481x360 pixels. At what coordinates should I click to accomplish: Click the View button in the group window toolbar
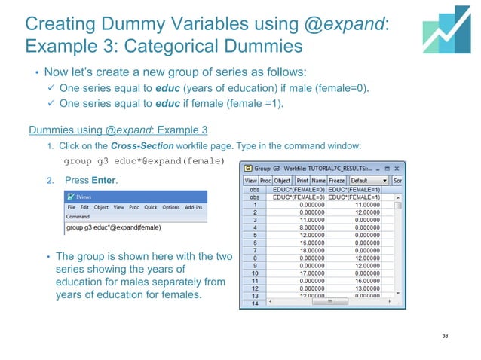tap(250, 181)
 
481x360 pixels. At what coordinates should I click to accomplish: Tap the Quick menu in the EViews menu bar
tap(151, 207)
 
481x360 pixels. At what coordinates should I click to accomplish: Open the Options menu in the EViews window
tap(170, 207)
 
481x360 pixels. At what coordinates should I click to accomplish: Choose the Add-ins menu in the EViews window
tap(193, 207)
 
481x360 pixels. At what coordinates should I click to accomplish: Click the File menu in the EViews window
tap(72, 207)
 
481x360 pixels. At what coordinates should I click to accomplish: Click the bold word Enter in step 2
tap(104, 182)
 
